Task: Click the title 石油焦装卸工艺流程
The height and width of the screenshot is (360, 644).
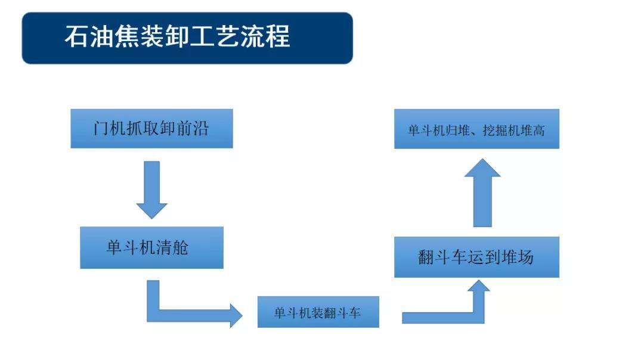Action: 178,37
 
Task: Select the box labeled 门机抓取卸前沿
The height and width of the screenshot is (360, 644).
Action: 151,128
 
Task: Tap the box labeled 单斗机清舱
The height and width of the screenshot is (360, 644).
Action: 151,247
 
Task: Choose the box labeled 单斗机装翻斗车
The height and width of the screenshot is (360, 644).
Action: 318,312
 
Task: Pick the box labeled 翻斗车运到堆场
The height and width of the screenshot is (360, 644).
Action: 476,257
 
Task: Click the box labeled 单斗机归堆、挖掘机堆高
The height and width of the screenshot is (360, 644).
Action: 476,129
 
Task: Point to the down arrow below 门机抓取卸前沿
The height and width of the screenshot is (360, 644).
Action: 151,190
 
